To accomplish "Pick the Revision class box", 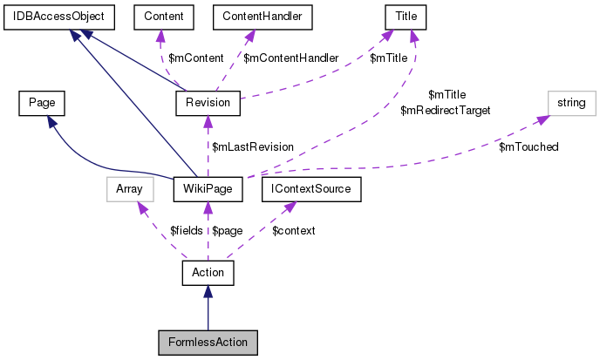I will [208, 103].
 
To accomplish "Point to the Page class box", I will [42, 103].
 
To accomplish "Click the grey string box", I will [572, 103].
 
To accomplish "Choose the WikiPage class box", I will [208, 187].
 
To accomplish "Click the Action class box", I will [208, 273].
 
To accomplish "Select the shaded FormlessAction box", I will [208, 343].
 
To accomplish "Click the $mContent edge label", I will [194, 58].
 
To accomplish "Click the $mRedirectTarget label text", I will [445, 111].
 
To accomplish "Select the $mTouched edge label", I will [528, 146].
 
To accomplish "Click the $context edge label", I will [293, 231].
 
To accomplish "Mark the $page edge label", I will [227, 231].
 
